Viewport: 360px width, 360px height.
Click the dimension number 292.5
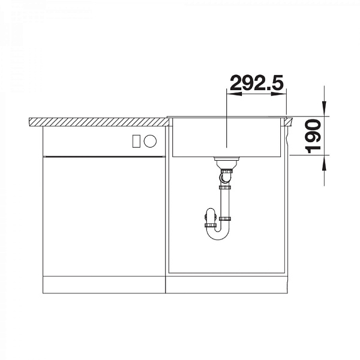pos(257,82)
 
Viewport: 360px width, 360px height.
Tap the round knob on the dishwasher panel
pos(150,141)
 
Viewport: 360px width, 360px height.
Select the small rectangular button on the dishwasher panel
pos(136,141)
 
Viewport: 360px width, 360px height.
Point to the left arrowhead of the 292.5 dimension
pos(234,94)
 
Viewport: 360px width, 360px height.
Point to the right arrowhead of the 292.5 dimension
pos(279,94)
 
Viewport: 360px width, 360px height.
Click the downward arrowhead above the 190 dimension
pos(324,109)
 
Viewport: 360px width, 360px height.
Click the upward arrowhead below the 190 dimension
pos(324,163)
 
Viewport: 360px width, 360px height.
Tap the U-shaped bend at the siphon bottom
pos(218,236)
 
